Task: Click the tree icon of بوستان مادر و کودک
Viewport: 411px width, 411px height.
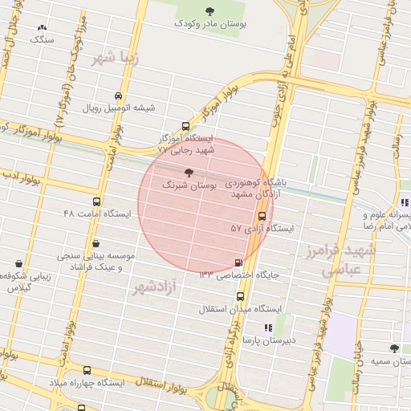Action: point(210,11)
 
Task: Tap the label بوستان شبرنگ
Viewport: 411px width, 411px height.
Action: point(189,185)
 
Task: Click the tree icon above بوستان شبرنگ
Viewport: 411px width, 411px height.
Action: point(189,172)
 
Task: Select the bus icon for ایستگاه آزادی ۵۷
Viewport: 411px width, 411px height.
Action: point(262,215)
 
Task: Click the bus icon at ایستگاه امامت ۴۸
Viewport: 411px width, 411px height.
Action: point(97,201)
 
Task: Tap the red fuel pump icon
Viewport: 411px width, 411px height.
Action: point(238,262)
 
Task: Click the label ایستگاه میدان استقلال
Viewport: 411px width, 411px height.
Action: point(242,307)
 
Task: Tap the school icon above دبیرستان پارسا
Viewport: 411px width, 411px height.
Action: point(268,328)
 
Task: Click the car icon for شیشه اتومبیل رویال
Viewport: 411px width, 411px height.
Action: point(120,95)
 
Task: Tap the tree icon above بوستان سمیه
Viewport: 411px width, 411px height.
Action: point(393,348)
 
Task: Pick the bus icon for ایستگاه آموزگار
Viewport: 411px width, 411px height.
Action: point(186,126)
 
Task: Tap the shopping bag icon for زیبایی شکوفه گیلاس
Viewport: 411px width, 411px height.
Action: point(18,263)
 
